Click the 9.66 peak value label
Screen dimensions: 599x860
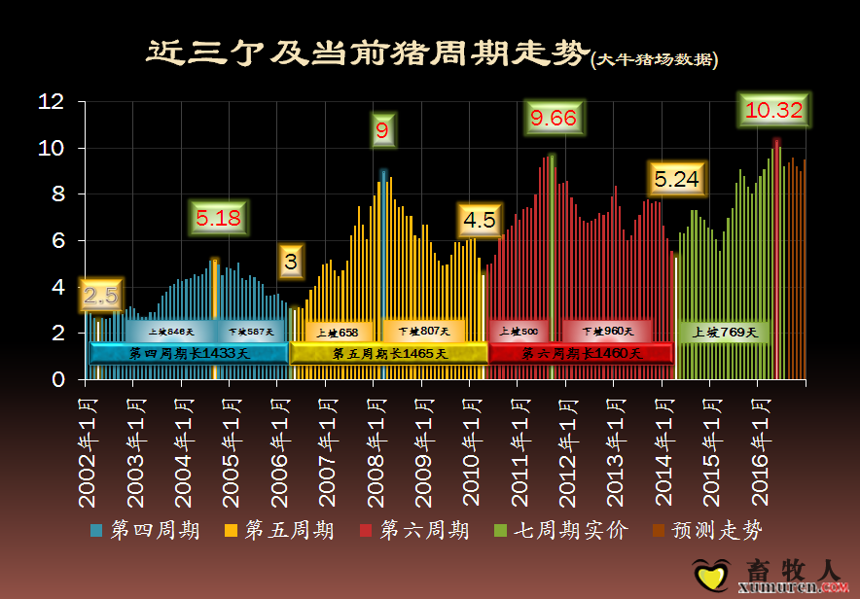click(x=553, y=119)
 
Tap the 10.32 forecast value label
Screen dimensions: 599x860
click(x=773, y=111)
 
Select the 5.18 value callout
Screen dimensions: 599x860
click(x=218, y=218)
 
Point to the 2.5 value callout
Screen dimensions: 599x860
click(x=101, y=295)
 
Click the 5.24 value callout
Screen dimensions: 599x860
click(x=676, y=180)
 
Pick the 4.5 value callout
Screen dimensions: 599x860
click(x=480, y=220)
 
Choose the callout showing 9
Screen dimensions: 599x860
click(x=382, y=130)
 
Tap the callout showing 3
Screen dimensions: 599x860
click(x=291, y=261)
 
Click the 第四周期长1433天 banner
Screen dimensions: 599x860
click(x=189, y=353)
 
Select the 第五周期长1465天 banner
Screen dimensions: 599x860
click(x=389, y=353)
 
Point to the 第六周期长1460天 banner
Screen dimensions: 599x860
click(x=581, y=353)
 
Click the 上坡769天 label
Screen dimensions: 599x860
click(x=725, y=332)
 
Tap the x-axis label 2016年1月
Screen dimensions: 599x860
click(x=758, y=447)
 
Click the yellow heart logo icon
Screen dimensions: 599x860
click(x=710, y=573)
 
